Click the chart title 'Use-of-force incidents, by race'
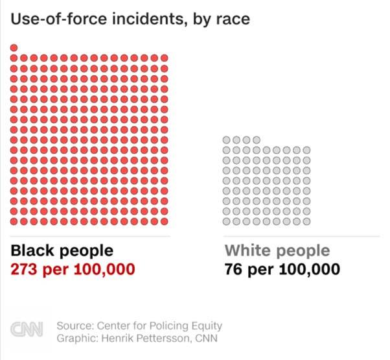(130, 21)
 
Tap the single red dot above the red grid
(14, 47)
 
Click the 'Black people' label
(62, 251)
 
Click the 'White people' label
(277, 251)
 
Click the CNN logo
(27, 330)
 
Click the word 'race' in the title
(235, 21)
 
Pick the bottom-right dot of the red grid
(164, 221)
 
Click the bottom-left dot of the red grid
(14, 221)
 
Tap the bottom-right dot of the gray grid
(306, 221)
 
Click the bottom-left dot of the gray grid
(227, 221)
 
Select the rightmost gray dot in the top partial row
(257, 140)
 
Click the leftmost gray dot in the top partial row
(227, 140)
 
